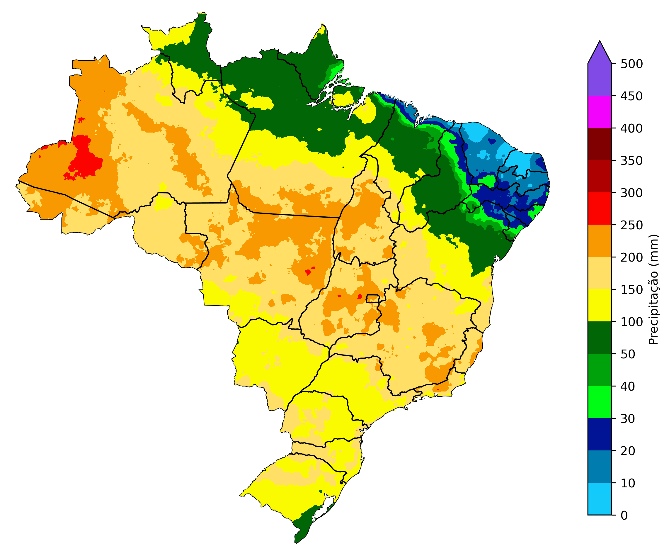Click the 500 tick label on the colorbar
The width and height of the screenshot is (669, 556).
coord(631,64)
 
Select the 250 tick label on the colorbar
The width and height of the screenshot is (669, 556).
coord(631,225)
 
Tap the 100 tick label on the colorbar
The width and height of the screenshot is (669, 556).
coord(631,322)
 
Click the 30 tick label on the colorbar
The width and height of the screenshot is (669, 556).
coord(628,418)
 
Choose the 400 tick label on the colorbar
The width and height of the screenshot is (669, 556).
coord(631,128)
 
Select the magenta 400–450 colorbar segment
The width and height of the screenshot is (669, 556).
coord(600,112)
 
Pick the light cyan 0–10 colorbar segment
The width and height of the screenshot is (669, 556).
coord(600,499)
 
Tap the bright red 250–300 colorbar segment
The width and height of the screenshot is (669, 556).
coord(600,209)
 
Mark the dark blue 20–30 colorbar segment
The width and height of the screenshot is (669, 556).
coord(600,434)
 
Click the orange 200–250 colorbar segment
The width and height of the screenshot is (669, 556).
coord(600,241)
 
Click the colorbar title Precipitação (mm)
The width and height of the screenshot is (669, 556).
coord(653,289)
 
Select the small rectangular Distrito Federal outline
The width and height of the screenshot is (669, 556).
coord(372,299)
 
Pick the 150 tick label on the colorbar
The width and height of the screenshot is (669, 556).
coord(631,289)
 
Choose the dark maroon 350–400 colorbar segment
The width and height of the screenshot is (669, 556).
coord(600,144)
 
